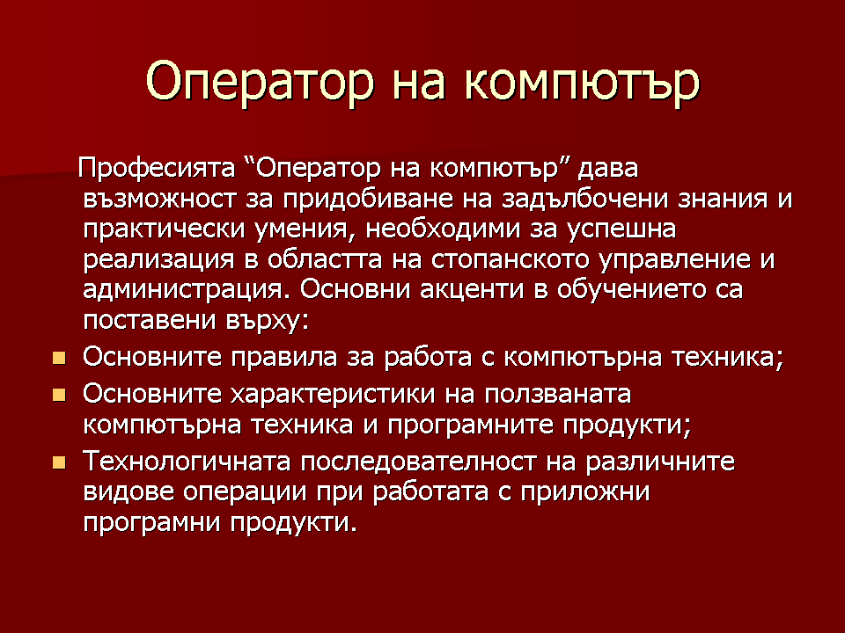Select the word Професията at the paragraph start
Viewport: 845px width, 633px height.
pos(157,169)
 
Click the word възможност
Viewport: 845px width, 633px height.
pos(159,200)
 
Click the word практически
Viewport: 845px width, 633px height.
pos(163,230)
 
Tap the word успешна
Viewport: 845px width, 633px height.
pos(621,230)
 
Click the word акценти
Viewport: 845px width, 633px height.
pos(472,290)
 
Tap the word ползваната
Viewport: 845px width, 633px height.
pos(557,395)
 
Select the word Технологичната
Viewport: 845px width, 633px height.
pos(187,462)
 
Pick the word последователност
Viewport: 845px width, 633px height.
pos(418,462)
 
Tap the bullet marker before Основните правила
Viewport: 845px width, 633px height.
pos(59,359)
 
